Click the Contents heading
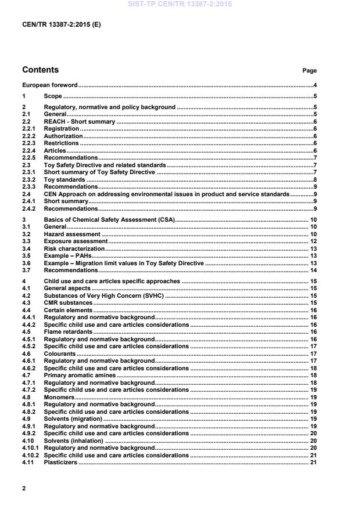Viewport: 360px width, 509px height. click(x=41, y=70)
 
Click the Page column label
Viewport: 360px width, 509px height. click(x=309, y=71)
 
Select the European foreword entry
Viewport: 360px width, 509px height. click(x=50, y=85)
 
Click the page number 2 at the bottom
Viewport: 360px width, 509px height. click(x=24, y=488)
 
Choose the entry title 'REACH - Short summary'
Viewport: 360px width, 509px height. click(x=80, y=122)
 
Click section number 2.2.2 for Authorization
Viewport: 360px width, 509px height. click(x=29, y=136)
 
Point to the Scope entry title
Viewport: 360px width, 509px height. click(x=53, y=96)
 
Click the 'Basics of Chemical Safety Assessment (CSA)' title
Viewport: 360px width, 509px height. click(x=109, y=221)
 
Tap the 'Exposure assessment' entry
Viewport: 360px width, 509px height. click(x=76, y=241)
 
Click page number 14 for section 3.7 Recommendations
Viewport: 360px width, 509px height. click(x=312, y=270)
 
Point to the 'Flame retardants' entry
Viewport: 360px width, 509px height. click(x=68, y=331)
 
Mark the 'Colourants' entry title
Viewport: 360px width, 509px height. click(x=60, y=353)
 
